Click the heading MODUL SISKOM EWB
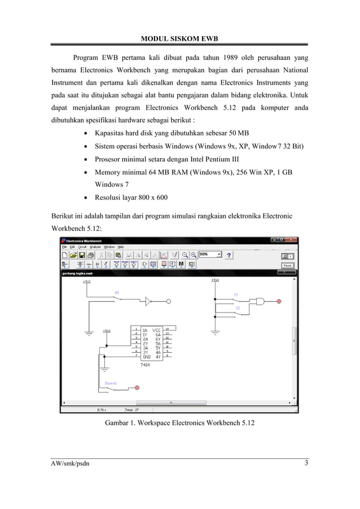(179, 38)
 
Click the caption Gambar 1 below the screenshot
(179, 423)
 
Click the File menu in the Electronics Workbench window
(65, 247)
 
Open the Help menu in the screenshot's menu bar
(120, 247)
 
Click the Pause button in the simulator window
(288, 265)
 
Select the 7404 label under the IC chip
(145, 365)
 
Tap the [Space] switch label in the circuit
(110, 383)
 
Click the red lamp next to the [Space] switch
(137, 388)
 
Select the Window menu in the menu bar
(109, 247)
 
